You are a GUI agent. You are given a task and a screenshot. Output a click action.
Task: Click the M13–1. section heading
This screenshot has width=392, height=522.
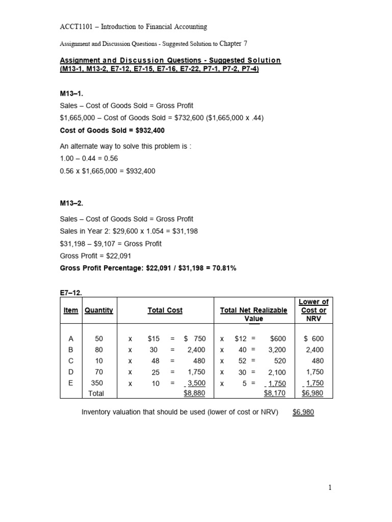(71, 93)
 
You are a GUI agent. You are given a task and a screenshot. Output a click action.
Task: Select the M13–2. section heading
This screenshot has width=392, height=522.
(71, 203)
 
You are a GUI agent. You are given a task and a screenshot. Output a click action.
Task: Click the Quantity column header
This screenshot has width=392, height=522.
(99, 310)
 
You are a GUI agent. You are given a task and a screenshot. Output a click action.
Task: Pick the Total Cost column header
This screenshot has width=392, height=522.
(165, 310)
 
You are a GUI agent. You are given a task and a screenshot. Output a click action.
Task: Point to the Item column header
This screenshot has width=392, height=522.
(71, 310)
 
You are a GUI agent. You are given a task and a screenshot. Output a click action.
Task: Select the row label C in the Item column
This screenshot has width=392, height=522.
(71, 361)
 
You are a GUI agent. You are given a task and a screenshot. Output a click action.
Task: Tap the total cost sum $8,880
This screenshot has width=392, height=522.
(194, 394)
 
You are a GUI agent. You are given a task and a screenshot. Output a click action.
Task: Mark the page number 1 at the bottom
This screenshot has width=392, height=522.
(330, 488)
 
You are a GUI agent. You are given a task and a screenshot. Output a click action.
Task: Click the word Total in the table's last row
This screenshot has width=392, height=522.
(96, 394)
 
